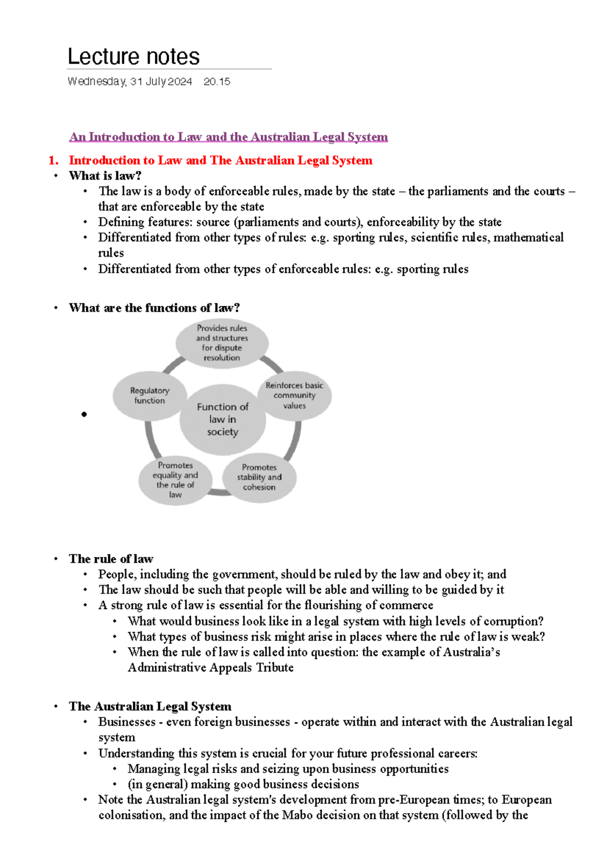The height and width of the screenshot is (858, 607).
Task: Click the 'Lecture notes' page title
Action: (134, 57)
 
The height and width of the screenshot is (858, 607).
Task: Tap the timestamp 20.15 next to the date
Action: (216, 81)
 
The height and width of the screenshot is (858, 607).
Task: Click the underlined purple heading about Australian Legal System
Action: (229, 137)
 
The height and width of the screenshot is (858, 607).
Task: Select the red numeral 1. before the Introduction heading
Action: (53, 161)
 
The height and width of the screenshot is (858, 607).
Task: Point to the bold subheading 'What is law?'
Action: (105, 176)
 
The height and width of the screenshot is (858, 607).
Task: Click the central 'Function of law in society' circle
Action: (223, 419)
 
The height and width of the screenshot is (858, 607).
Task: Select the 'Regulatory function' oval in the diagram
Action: (149, 396)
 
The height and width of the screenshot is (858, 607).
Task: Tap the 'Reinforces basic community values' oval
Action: (294, 395)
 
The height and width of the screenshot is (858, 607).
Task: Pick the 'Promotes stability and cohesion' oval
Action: (259, 477)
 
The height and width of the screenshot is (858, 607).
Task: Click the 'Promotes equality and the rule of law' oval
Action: (175, 480)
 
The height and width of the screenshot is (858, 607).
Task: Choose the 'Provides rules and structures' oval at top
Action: (222, 343)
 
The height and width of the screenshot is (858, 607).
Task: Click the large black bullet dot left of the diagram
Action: (84, 414)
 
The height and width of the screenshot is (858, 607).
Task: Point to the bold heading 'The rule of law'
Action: (111, 559)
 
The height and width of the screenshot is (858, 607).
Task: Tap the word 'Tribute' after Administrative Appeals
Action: (275, 668)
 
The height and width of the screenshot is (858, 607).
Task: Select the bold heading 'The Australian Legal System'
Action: (150, 706)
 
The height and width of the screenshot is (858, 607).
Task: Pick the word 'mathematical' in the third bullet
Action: (528, 237)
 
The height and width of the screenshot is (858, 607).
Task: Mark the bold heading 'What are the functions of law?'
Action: (154, 308)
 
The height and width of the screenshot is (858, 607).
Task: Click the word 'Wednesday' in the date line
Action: (96, 81)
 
